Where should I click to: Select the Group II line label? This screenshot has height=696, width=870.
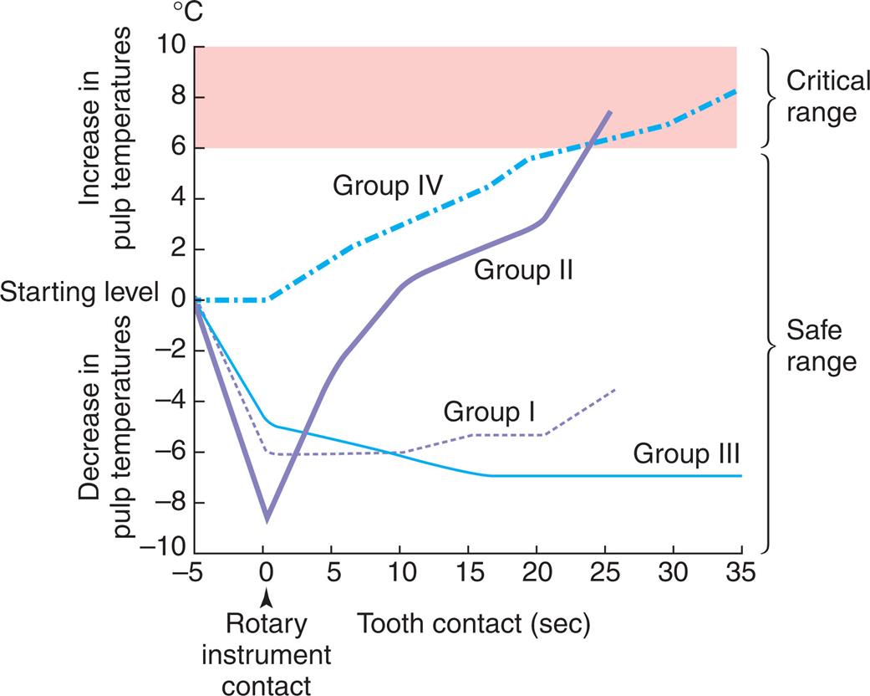(522, 269)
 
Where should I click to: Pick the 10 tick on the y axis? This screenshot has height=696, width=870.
(173, 47)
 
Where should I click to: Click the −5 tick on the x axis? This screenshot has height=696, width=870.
(193, 575)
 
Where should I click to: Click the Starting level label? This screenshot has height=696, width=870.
(79, 293)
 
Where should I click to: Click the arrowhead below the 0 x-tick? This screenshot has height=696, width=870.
(265, 597)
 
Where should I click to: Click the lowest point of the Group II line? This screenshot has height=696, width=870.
(267, 520)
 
